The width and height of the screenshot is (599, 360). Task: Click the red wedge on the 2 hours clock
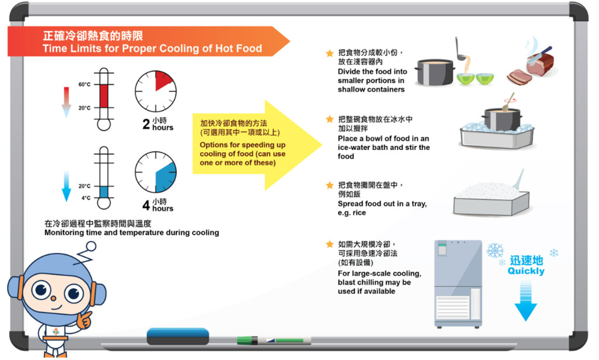tap(163, 80)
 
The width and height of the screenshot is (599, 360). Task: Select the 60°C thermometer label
tap(84, 84)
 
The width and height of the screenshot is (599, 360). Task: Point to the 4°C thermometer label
tap(86, 198)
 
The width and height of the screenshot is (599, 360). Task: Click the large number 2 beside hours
tap(146, 124)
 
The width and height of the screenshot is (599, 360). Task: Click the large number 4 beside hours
tap(146, 205)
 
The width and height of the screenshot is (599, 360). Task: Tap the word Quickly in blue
tap(526, 272)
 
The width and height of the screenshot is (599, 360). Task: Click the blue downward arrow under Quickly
tap(526, 300)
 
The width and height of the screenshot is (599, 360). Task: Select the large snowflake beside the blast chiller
tap(495, 251)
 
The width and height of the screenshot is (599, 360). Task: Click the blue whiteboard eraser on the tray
tap(178, 336)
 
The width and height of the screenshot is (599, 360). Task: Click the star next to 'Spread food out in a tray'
tap(330, 186)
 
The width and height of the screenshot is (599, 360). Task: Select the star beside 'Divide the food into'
tap(330, 53)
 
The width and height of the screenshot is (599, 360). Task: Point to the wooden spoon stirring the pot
tap(509, 102)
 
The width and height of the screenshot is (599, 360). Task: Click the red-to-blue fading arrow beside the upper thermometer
tap(67, 102)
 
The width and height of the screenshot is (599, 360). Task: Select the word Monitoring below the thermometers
tap(63, 233)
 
